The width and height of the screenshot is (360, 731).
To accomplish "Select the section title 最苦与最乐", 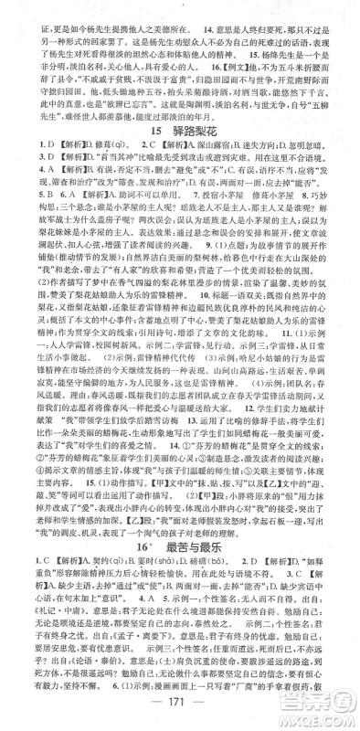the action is click(195, 572).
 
